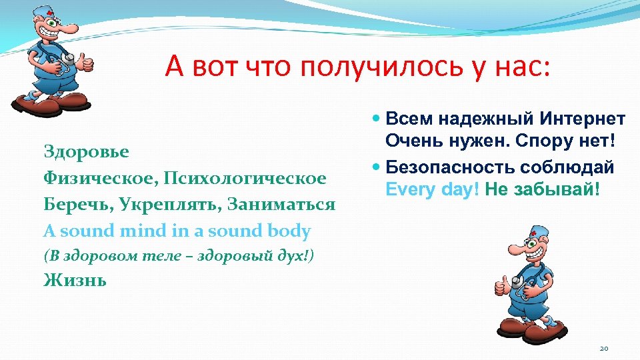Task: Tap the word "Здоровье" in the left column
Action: (86, 151)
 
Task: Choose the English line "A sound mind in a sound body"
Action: (177, 231)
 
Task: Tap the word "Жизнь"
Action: (74, 280)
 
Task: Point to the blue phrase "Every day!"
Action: (433, 189)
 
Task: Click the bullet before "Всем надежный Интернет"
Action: (377, 120)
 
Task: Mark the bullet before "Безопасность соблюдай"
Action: (377, 167)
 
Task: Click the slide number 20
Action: (605, 348)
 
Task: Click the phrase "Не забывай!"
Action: (543, 189)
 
